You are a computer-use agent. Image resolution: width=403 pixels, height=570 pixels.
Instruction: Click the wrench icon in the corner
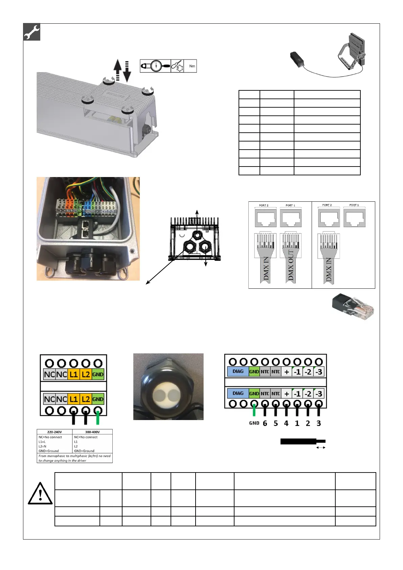[x=32, y=32]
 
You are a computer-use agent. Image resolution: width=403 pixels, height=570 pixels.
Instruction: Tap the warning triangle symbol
[x=40, y=494]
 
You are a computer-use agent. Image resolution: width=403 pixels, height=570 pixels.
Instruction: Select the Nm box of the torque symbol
[x=192, y=66]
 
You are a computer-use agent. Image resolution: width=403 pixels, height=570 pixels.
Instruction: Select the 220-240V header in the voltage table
[x=54, y=432]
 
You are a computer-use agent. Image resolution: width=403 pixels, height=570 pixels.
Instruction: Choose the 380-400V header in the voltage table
[x=92, y=432]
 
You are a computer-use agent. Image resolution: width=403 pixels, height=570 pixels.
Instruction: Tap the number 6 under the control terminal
[x=265, y=423]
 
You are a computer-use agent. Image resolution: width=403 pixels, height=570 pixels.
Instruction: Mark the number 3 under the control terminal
[x=318, y=423]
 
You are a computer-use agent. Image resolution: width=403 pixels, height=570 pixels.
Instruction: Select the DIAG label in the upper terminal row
[x=238, y=371]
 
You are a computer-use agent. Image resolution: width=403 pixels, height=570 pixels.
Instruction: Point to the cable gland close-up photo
[x=168, y=387]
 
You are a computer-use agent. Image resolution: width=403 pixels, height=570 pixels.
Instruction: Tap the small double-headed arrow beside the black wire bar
[x=320, y=447]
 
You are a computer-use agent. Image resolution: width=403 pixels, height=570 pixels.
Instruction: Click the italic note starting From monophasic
[x=74, y=458]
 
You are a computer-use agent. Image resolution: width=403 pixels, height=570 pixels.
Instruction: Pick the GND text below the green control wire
[x=254, y=423]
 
